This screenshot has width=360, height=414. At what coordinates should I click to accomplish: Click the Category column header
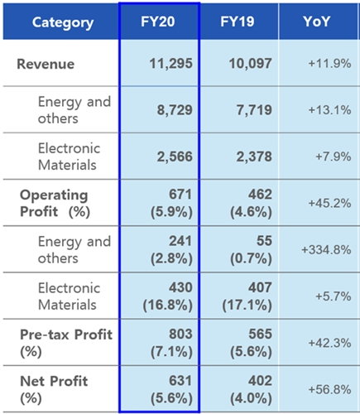[63, 22]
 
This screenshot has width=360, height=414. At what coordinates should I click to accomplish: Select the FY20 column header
[158, 22]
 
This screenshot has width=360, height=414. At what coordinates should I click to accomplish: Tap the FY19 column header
[238, 22]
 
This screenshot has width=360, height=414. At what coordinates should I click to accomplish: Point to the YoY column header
[316, 22]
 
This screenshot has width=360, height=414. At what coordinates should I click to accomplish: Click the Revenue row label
[46, 64]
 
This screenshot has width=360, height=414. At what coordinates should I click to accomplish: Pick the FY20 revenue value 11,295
[171, 64]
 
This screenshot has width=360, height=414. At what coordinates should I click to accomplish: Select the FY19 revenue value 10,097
[251, 64]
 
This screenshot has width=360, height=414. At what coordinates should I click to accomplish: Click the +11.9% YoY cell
[329, 64]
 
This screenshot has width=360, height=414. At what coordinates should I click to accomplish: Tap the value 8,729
[175, 110]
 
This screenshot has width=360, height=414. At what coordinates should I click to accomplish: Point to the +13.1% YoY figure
[329, 110]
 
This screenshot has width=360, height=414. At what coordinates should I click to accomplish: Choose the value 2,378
[254, 156]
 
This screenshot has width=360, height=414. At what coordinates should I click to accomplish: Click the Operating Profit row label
[55, 204]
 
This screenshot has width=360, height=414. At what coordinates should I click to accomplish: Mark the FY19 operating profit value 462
[260, 195]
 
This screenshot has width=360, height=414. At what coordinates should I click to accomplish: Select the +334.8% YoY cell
[326, 250]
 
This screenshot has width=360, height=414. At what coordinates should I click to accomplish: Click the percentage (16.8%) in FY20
[167, 306]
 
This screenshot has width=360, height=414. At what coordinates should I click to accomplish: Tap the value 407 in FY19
[260, 287]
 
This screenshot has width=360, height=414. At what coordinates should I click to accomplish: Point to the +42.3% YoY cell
[329, 343]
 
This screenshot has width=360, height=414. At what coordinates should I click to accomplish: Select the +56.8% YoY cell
[329, 390]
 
